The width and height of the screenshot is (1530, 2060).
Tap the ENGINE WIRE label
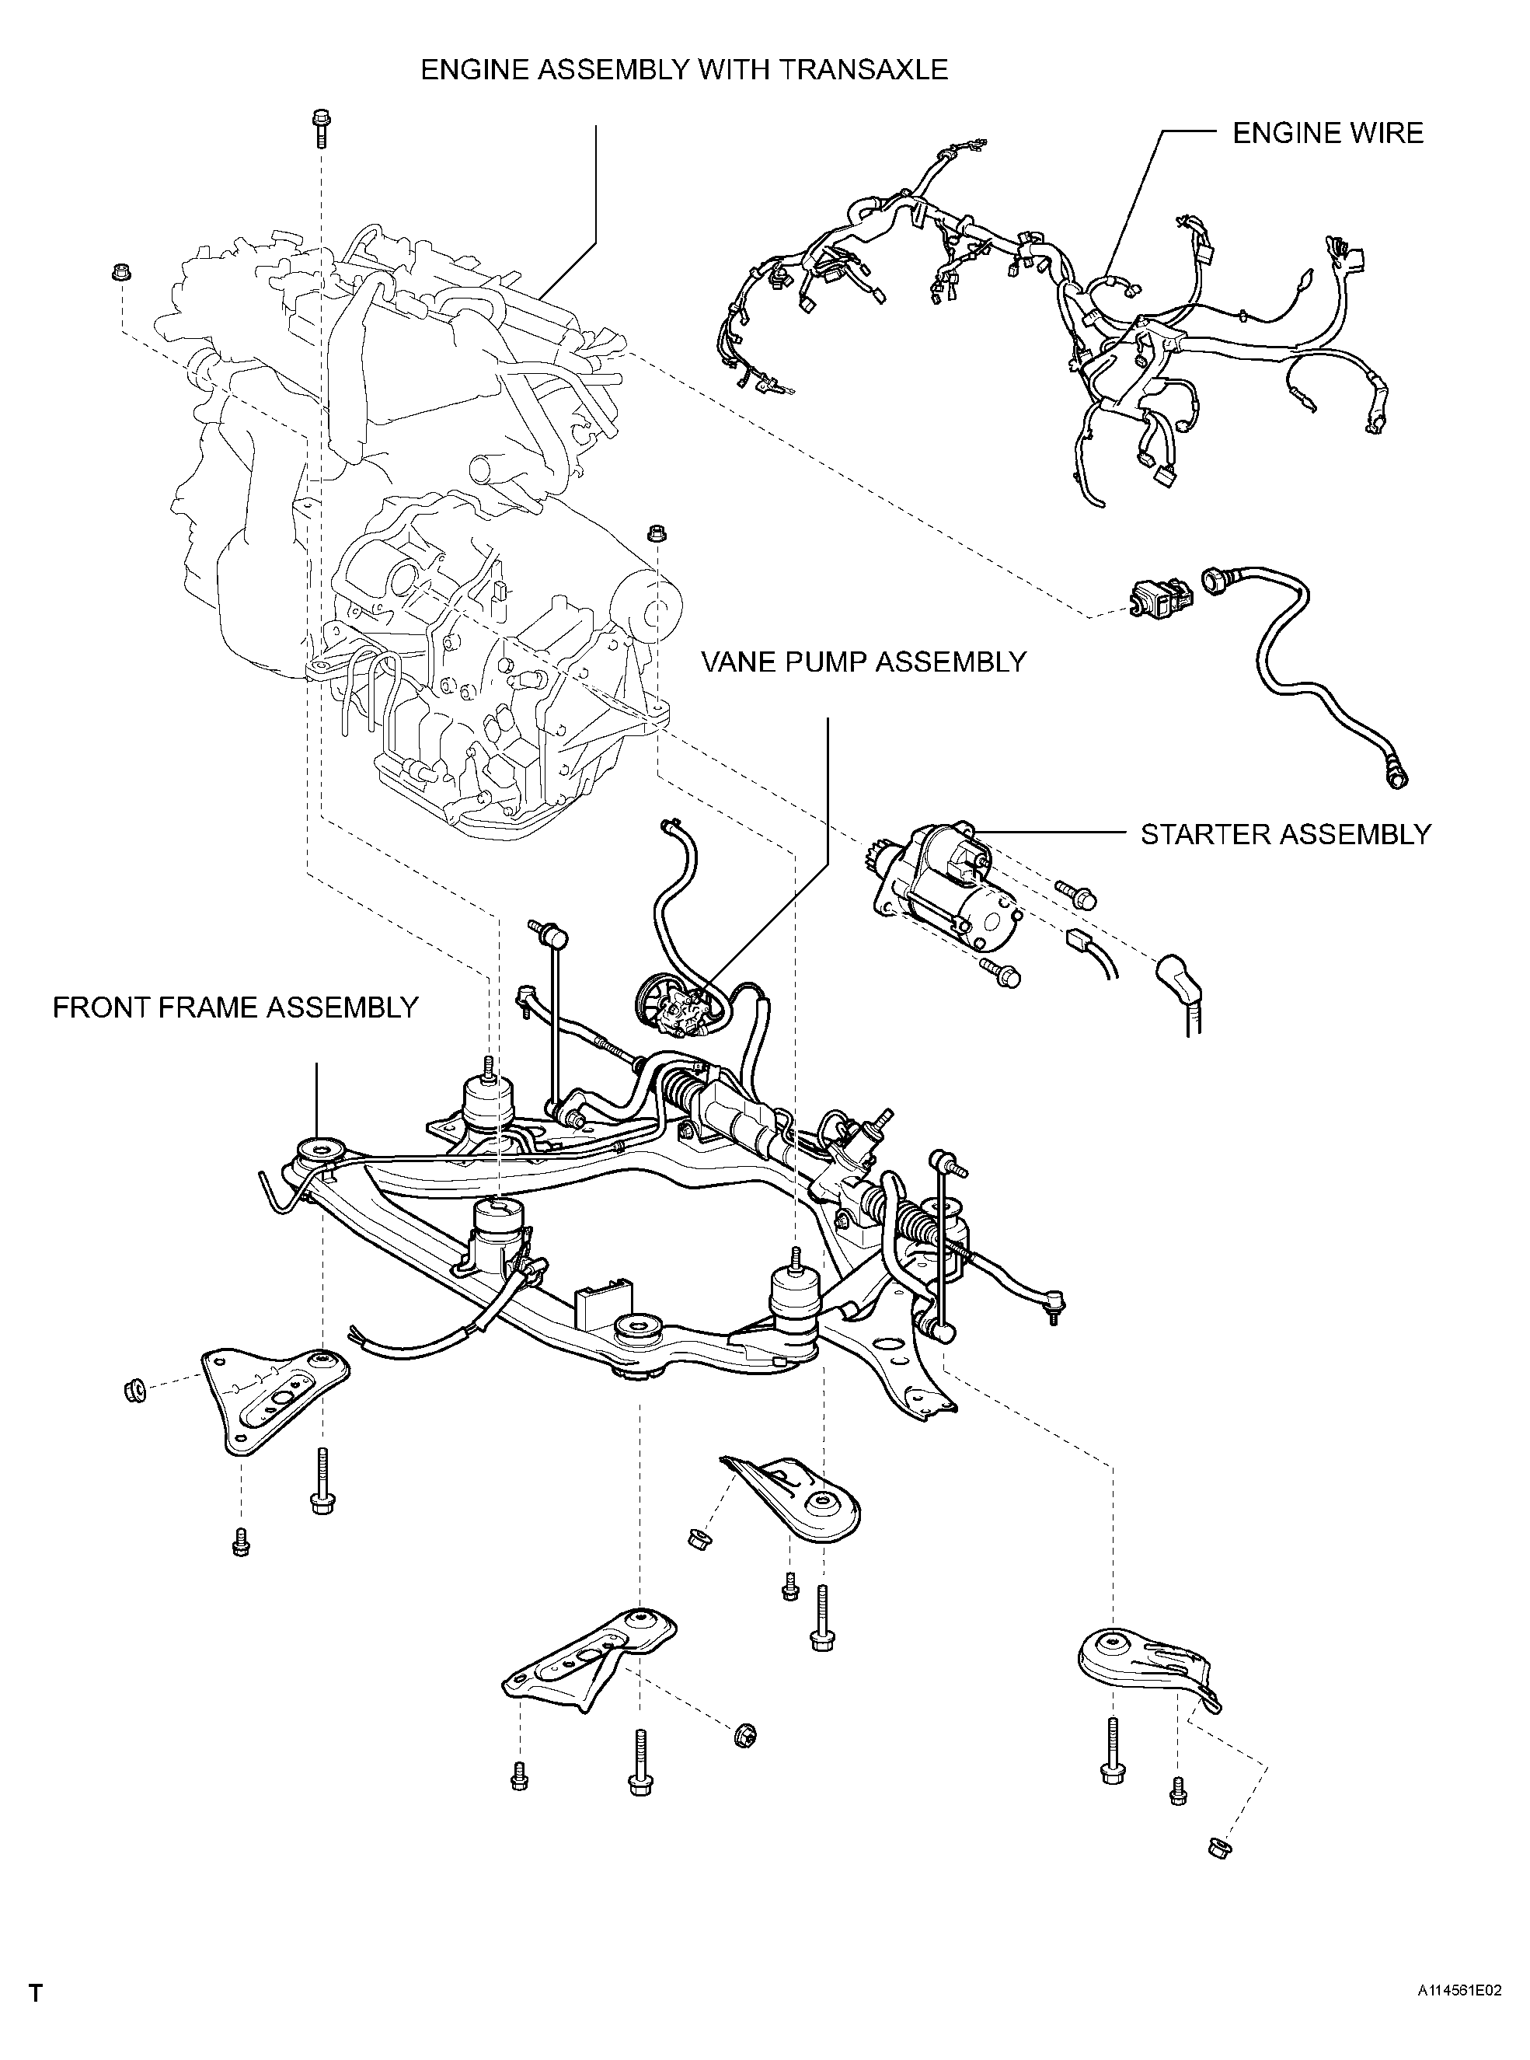click(1327, 134)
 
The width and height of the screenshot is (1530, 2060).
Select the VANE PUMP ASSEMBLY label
click(864, 662)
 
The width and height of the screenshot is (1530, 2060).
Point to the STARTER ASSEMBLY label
click(1285, 835)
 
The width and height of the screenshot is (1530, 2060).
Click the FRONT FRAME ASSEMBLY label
click(235, 1007)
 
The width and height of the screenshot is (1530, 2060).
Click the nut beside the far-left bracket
click(134, 1389)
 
